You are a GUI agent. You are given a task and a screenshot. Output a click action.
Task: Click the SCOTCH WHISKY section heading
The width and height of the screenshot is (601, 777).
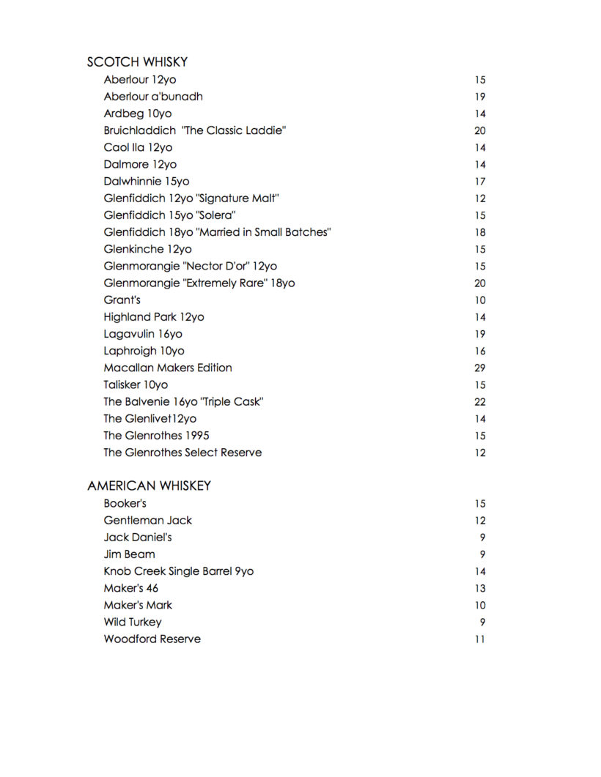[x=137, y=62]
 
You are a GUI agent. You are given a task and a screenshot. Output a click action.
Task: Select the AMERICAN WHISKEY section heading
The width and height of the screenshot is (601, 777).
[x=149, y=486]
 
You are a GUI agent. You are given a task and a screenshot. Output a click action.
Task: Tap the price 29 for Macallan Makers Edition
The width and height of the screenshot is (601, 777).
[x=479, y=368]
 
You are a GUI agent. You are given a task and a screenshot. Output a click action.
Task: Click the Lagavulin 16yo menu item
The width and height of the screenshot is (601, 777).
[x=143, y=334]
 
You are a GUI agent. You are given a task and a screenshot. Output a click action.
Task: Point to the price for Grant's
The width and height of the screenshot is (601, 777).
[x=479, y=300]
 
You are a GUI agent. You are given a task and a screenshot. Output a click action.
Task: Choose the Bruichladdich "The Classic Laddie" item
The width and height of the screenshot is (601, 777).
[x=194, y=130]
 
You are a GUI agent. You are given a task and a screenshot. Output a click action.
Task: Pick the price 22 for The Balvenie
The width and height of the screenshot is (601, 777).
[x=479, y=402]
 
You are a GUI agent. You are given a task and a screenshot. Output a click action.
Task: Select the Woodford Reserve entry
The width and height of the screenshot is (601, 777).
[x=152, y=639]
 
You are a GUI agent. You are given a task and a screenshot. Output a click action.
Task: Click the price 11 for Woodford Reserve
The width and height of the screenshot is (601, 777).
[x=479, y=639]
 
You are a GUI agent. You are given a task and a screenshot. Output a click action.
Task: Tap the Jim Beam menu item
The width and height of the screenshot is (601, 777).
[x=129, y=554]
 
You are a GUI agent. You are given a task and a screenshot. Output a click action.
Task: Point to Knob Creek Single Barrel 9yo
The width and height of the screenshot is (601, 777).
[x=178, y=571]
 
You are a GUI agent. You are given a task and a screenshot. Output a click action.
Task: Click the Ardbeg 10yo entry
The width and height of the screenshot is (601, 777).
[x=137, y=114]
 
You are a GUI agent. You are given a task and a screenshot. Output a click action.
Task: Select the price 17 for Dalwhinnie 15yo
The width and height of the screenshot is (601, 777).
[x=479, y=182]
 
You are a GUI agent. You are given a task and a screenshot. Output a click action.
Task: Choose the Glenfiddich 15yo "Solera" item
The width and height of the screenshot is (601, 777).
[x=169, y=215]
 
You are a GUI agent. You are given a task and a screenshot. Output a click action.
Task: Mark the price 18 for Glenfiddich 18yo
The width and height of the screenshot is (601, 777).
[x=479, y=233]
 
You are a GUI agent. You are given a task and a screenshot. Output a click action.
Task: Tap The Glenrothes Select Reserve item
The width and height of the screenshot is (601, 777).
[x=182, y=453]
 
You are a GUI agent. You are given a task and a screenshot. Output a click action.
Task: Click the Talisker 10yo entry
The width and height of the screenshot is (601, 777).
[x=136, y=384]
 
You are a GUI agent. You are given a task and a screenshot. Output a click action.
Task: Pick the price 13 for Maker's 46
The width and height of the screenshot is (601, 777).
[x=479, y=589]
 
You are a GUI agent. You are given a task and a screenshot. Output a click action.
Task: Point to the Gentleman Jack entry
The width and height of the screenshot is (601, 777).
[x=147, y=520]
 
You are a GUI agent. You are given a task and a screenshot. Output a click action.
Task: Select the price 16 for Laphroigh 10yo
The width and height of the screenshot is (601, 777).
[x=479, y=352]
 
